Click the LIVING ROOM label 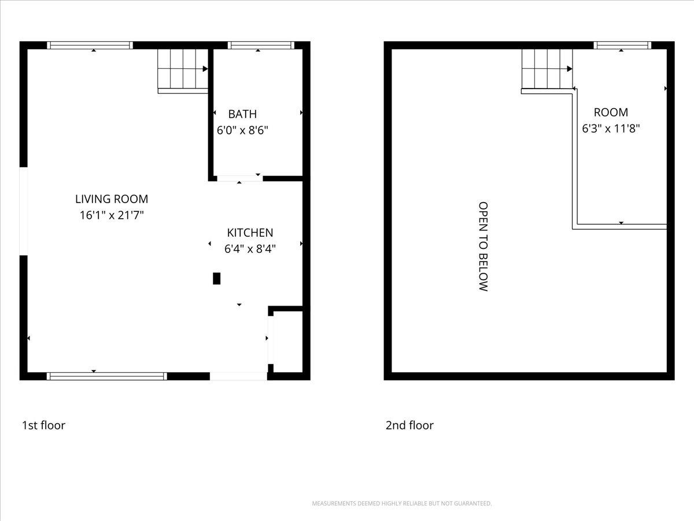click(112, 199)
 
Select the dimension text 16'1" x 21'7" click(112, 215)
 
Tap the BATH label click(242, 114)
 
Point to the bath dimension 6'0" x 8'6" click(242, 130)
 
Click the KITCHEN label click(250, 233)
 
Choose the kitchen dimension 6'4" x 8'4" click(250, 249)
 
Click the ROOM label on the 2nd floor click(611, 112)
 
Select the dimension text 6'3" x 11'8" click(611, 129)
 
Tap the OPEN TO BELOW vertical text click(483, 246)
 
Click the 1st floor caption click(43, 425)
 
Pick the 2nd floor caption click(409, 425)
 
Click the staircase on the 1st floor click(183, 70)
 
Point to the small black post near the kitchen click(217, 278)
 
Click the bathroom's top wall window click(261, 45)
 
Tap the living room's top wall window click(90, 45)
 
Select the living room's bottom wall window click(106, 376)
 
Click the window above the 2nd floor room click(622, 45)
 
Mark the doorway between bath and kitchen click(239, 178)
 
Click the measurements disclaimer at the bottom click(402, 504)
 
